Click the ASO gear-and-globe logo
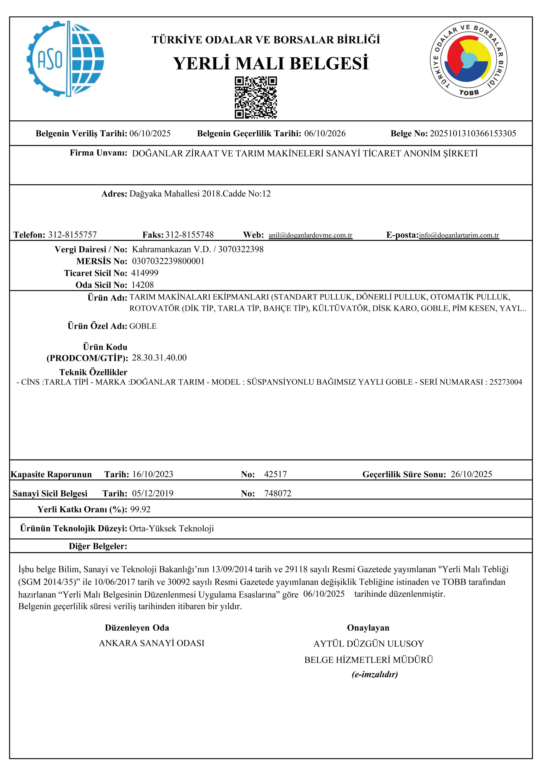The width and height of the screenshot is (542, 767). [66, 59]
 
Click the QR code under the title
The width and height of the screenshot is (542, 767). [256, 98]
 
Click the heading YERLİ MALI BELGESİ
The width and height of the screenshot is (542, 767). [271, 63]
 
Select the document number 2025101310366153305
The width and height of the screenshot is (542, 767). [472, 134]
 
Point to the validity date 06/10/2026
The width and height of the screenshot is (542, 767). [325, 134]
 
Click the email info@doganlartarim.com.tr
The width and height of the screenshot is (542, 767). [459, 235]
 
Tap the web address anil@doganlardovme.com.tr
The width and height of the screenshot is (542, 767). [310, 235]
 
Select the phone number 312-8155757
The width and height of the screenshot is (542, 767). [73, 235]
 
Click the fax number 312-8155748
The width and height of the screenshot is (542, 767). [189, 235]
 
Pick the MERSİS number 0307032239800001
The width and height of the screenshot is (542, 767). [168, 261]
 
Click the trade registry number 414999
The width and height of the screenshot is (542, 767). [145, 273]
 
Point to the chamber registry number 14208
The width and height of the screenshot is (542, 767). [143, 285]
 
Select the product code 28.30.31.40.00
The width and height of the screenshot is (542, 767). [159, 358]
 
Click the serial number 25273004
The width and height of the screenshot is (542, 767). [505, 382]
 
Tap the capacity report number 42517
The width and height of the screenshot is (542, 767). [275, 474]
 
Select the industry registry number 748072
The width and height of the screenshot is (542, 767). [278, 493]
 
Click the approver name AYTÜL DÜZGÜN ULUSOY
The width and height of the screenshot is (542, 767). [368, 644]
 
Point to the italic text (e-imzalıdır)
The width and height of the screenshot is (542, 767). [375, 674]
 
